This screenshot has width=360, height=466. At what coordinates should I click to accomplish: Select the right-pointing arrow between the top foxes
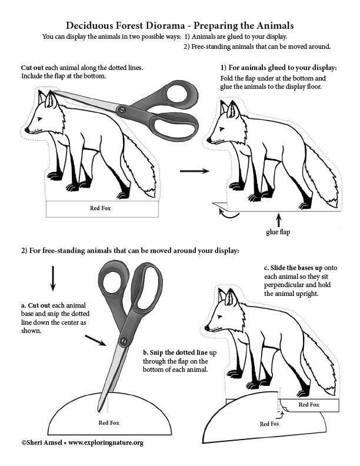195,171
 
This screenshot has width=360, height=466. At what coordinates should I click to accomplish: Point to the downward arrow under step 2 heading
53,278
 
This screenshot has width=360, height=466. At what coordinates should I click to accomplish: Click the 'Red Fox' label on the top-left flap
100,208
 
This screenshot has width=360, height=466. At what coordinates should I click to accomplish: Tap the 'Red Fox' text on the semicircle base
108,422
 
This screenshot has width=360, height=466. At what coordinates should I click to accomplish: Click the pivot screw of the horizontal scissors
122,109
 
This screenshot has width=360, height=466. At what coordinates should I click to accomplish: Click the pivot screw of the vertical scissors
124,341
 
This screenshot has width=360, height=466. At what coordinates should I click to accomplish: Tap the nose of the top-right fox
208,140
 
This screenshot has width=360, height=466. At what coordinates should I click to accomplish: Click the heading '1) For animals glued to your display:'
278,68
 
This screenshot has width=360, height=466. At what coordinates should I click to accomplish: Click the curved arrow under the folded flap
226,215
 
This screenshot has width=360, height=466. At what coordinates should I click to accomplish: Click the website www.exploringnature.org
106,442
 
